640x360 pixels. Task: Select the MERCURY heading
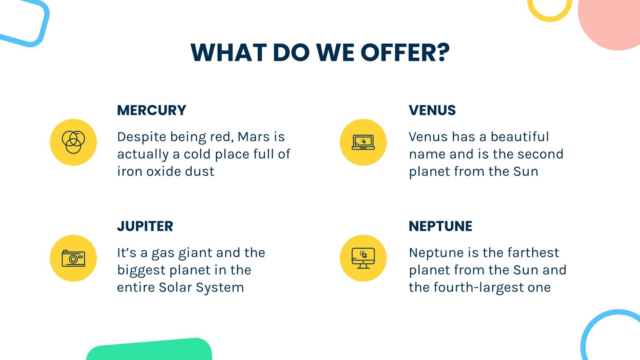tap(152, 110)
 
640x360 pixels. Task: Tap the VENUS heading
tap(432, 110)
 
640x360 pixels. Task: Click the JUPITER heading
tap(145, 226)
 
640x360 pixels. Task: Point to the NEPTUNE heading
tap(440, 226)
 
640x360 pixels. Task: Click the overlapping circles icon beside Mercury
tap(73, 142)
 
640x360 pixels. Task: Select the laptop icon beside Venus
tap(363, 142)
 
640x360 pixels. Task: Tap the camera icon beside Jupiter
tap(73, 258)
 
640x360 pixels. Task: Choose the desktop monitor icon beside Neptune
tap(363, 258)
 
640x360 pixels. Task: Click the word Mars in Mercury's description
tap(254, 137)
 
